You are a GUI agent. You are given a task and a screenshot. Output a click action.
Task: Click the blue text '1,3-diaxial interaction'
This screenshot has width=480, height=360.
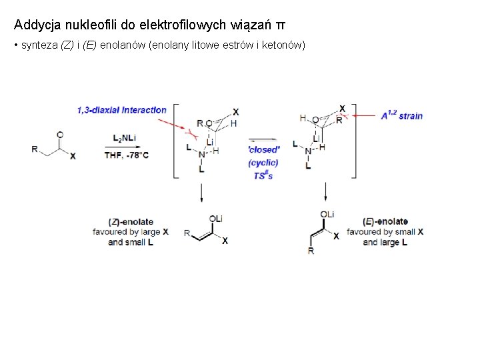pos(121,110)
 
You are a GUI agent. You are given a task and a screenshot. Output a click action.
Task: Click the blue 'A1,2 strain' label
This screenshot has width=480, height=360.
pos(401,115)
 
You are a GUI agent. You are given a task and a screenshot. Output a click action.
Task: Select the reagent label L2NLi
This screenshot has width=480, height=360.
pos(125,138)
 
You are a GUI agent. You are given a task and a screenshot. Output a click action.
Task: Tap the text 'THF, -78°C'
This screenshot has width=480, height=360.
pos(126,155)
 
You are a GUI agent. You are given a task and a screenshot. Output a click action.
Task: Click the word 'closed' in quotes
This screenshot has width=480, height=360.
pos(264,149)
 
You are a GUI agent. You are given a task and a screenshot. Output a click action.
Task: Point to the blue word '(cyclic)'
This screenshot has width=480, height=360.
pos(263,163)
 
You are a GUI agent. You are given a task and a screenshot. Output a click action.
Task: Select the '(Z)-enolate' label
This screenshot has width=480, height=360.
pos(131,221)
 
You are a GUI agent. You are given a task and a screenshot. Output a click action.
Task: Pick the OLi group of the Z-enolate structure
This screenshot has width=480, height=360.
pos(215,219)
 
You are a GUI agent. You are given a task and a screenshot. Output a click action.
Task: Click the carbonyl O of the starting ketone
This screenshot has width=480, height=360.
pos(61,134)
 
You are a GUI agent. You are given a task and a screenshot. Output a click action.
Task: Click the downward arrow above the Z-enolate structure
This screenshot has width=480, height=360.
pos(201,193)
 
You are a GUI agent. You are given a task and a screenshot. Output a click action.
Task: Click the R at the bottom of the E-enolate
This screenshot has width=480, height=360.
pos(311,251)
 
